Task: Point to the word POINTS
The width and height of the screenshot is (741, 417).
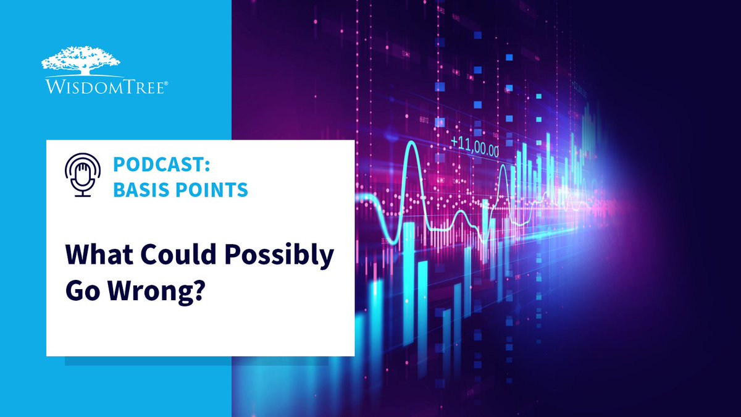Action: [x=207, y=190]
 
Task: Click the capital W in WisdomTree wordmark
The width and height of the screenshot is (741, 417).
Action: [x=49, y=88]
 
